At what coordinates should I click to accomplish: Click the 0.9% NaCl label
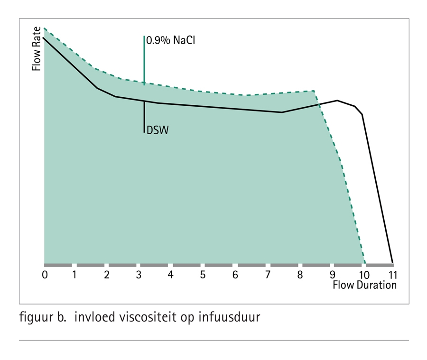click(x=171, y=41)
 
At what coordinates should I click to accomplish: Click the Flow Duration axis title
click(x=364, y=285)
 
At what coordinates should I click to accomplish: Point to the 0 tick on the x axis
click(x=45, y=275)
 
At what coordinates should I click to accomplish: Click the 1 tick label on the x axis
click(x=74, y=275)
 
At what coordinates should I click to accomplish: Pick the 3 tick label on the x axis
click(x=139, y=275)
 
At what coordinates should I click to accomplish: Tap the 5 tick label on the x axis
click(x=203, y=275)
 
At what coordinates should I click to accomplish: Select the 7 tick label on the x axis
click(x=268, y=275)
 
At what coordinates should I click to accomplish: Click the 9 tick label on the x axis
click(x=333, y=275)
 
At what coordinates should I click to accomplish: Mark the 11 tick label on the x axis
click(x=392, y=275)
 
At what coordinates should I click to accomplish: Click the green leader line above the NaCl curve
click(x=144, y=59)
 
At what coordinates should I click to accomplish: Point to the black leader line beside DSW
click(x=144, y=116)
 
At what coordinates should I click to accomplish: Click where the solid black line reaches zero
click(x=392, y=263)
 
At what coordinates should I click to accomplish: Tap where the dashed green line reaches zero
click(x=365, y=263)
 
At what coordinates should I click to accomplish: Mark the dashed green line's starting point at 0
click(x=44, y=28)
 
